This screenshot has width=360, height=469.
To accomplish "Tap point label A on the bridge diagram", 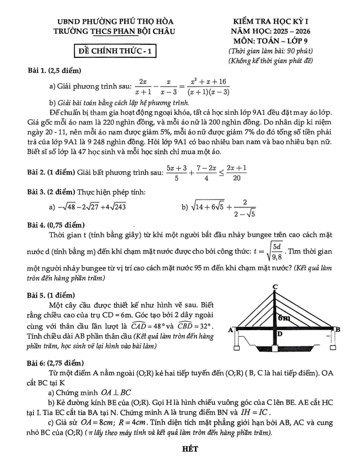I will [x=231, y=330].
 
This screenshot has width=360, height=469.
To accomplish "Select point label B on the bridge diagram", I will [x=337, y=330].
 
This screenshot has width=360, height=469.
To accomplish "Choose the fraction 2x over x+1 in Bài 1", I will [x=143, y=86].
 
